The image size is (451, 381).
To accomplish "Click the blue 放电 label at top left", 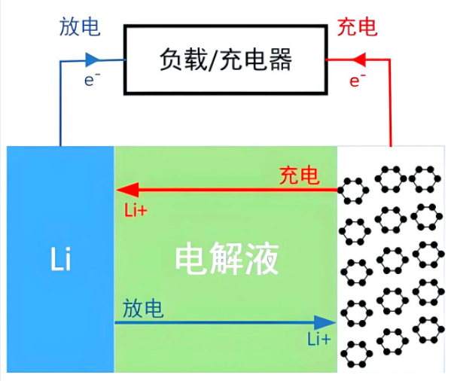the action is [80, 27].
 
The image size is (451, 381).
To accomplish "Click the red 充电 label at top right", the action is [357, 27].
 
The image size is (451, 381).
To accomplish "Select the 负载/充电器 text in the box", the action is [226, 59].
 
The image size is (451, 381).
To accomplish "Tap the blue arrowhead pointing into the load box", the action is [93, 59].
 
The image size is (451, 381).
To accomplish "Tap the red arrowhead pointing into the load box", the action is [358, 59].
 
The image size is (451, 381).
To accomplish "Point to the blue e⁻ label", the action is [92, 80].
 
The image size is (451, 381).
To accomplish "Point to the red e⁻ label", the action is [357, 81].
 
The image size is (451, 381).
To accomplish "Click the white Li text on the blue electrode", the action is [61, 259].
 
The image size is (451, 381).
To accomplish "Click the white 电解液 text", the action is [227, 259].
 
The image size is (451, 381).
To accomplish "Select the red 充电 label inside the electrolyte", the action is [300, 175].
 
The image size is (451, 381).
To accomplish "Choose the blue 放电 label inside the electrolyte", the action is [143, 308].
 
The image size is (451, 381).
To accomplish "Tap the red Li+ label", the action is [136, 210].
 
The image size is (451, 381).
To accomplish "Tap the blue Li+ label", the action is [319, 339].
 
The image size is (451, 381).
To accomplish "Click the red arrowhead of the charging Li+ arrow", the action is [127, 190].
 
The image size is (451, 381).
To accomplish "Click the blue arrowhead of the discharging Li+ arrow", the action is [325, 322].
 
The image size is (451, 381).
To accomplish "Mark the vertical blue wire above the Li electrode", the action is [60, 103].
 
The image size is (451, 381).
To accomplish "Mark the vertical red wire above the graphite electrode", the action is [390, 103].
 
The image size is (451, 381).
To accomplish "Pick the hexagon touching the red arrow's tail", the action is [353, 190].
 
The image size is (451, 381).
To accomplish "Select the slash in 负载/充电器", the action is [213, 59].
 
